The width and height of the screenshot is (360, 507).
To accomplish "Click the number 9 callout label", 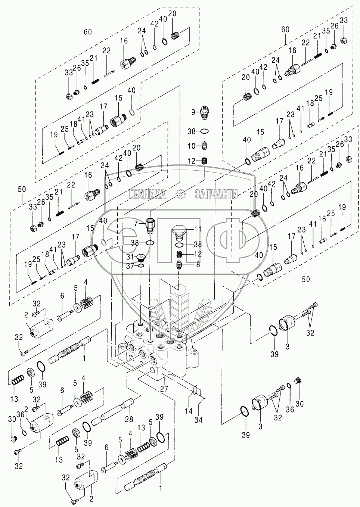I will coord(194,112).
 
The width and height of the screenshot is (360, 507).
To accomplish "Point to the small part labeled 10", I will coord(204,145).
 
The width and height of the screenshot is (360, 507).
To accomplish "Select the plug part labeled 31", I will coord(141,257).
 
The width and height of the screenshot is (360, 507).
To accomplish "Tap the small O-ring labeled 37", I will coord(140,265).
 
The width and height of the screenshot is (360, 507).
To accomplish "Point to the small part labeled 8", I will coord(180,265).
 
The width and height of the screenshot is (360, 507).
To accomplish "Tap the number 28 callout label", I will coord(129,419).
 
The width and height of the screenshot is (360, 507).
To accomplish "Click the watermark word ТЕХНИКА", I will coord(147,194).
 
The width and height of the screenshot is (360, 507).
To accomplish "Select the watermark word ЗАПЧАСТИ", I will coord(216,194).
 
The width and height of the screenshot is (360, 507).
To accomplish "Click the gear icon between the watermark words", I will coord(180,194).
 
